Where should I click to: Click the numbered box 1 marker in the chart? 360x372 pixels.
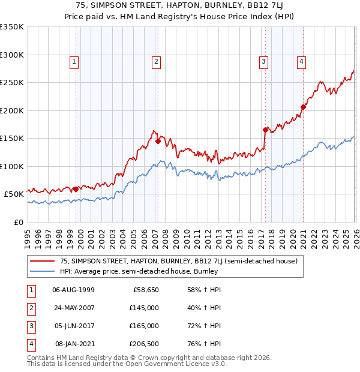pos(73,61)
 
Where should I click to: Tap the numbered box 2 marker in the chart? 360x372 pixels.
pos(156,61)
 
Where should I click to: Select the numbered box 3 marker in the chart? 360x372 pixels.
pos(263,61)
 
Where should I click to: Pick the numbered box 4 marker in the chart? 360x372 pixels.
pos(301,61)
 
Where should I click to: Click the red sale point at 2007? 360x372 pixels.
pos(158,142)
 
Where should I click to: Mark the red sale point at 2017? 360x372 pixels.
pos(265,130)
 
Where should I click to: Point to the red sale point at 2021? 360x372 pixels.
pos(303,107)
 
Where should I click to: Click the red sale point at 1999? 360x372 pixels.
pos(76,189)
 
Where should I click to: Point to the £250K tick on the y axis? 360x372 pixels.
pos(12,83)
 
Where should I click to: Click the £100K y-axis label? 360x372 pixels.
pos(12,166)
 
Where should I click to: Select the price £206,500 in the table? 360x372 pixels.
pos(144,344)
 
